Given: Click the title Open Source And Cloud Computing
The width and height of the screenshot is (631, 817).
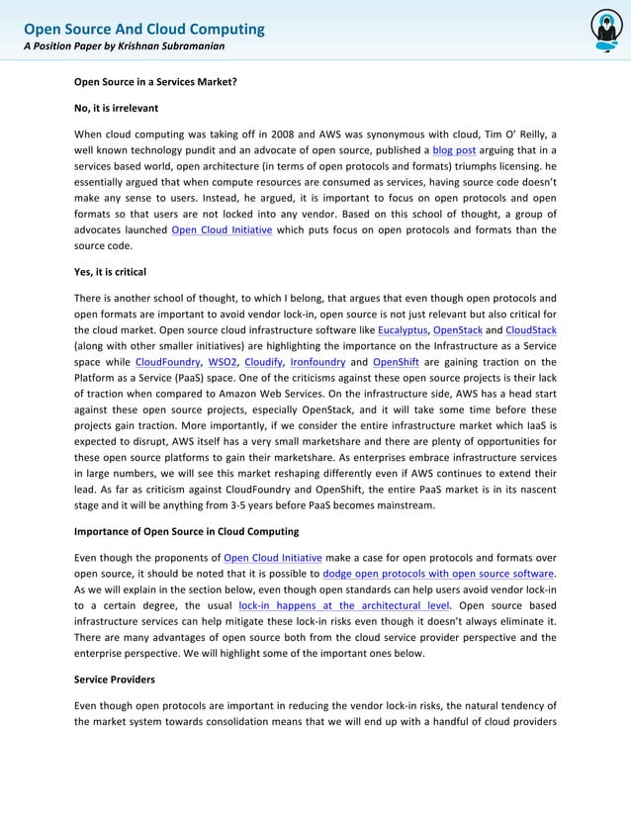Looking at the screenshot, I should tap(144, 29).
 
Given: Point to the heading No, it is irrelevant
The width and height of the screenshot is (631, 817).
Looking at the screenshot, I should tap(117, 107).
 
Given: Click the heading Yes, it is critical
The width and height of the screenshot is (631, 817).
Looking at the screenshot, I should tap(111, 271).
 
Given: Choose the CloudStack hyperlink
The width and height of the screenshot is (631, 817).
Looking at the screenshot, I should tap(530, 329).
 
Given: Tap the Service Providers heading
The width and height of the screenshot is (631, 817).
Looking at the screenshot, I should tap(115, 680).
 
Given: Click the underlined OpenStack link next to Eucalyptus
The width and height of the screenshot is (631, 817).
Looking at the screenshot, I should tap(463, 329).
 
